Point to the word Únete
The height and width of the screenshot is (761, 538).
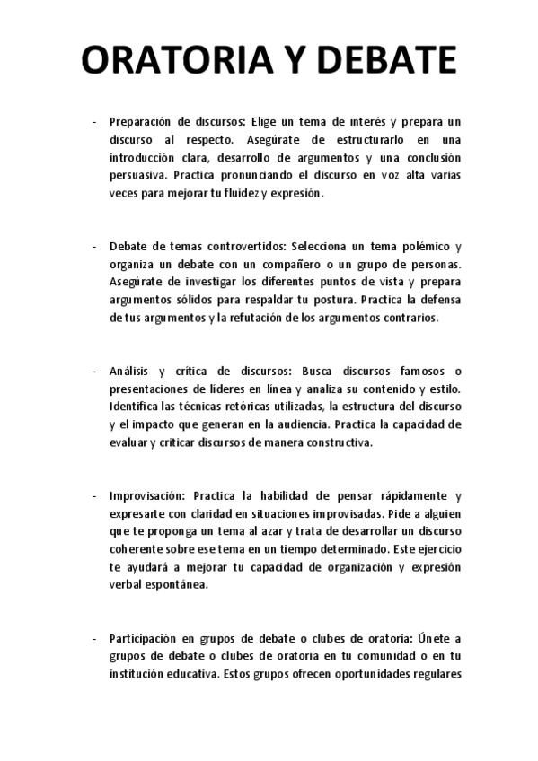coord(435,638)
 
